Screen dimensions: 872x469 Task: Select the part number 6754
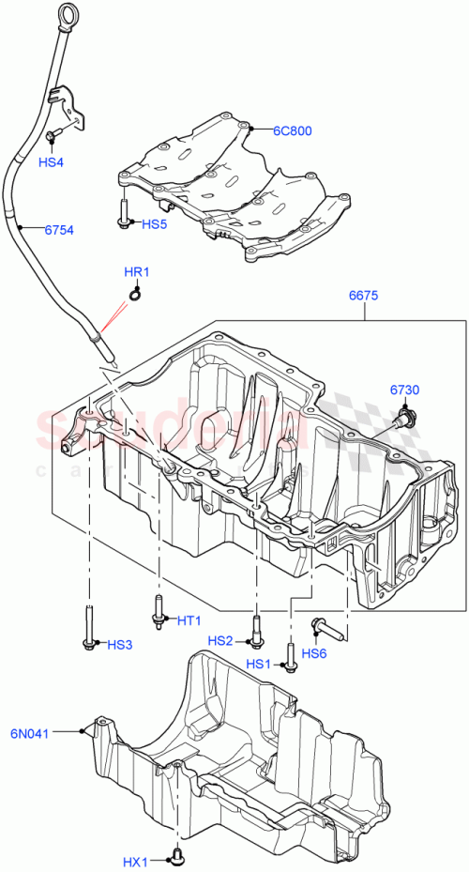[x=59, y=229]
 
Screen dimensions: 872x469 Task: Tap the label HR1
[x=137, y=273]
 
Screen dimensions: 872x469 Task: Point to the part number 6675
[x=363, y=295]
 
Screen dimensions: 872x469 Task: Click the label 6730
[x=406, y=389]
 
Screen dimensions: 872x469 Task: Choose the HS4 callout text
[x=51, y=162]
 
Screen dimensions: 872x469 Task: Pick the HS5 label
[x=155, y=224]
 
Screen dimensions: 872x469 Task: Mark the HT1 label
[x=189, y=620]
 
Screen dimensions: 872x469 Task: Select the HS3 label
[x=120, y=644]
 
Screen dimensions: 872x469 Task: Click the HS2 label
[x=220, y=640]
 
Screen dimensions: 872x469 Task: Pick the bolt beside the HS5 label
[x=124, y=214]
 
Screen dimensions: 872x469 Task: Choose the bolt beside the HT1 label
[x=157, y=610]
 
